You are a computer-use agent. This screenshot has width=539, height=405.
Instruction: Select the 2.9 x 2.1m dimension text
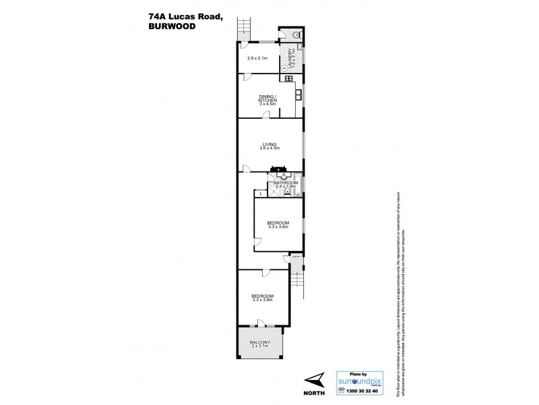(258, 57)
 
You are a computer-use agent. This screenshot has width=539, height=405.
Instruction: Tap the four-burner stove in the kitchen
(288, 79)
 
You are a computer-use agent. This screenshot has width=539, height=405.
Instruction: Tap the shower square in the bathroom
(275, 191)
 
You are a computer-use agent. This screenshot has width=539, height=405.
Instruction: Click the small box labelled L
(261, 194)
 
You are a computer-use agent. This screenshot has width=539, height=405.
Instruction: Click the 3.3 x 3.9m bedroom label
(262, 298)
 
